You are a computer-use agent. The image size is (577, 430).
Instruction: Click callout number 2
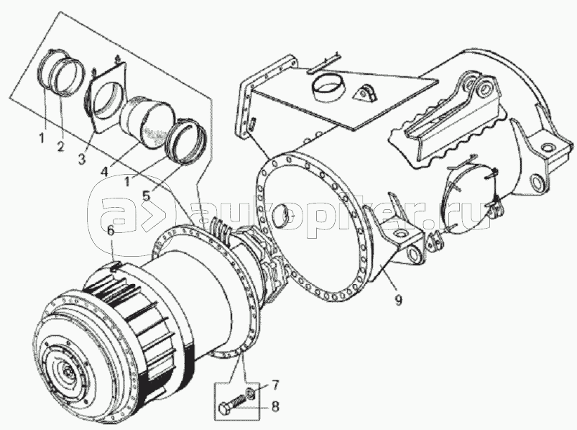(x=60, y=146)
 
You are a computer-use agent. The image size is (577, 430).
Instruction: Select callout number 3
(x=82, y=159)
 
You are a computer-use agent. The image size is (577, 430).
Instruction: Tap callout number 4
(x=105, y=171)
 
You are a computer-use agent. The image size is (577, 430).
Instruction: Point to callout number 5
(x=147, y=196)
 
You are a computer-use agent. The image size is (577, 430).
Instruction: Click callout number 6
(x=111, y=232)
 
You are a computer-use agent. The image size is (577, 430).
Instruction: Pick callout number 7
(x=275, y=385)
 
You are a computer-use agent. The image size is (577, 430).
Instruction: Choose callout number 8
(x=275, y=407)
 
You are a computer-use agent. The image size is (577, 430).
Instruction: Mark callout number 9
(x=398, y=301)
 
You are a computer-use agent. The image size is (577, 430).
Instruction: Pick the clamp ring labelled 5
(x=186, y=141)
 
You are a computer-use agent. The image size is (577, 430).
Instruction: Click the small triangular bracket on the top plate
(x=366, y=93)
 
